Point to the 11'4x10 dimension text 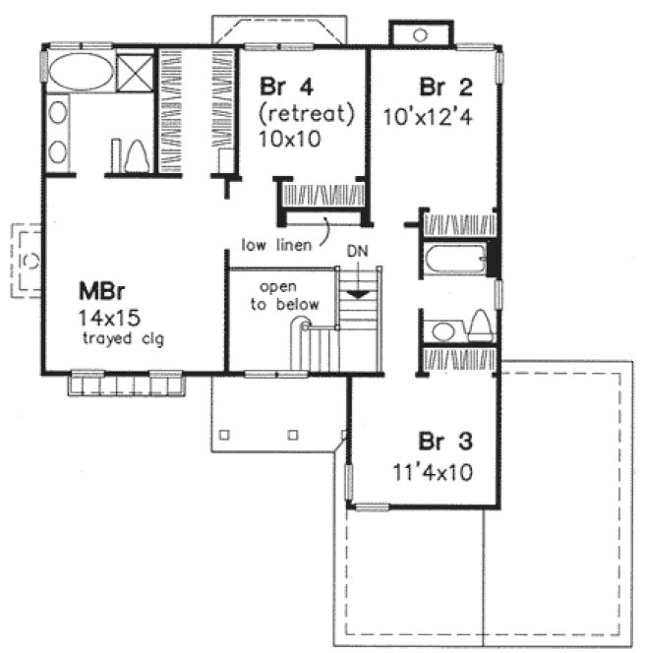(430, 471)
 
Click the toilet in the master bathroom (137, 155)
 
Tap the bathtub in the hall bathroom (454, 263)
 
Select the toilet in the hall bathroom (479, 326)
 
